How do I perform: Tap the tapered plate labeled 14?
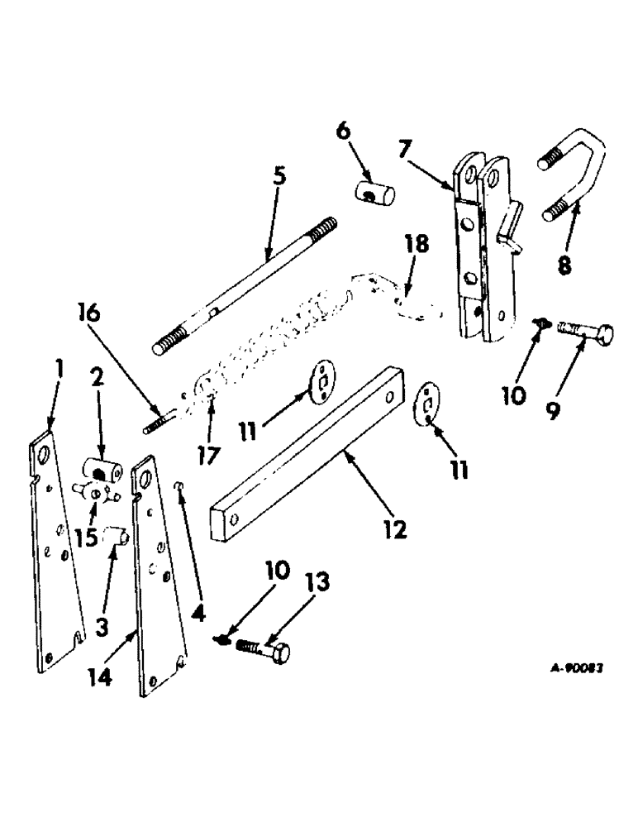click(161, 579)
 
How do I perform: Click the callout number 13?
click(317, 584)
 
